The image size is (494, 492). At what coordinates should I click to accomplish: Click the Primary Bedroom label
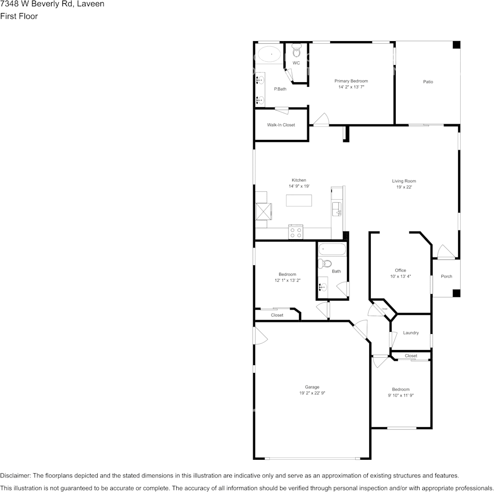click(351, 81)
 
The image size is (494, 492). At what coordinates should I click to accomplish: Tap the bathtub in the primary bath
click(270, 54)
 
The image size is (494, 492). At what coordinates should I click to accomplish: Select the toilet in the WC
click(296, 51)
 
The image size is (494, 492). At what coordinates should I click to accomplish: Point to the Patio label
click(428, 82)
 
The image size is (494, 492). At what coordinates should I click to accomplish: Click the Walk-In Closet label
click(281, 125)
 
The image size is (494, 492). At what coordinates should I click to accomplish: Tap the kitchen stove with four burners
click(296, 232)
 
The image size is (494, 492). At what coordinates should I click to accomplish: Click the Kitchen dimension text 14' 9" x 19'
click(299, 186)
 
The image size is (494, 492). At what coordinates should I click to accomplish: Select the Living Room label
click(404, 181)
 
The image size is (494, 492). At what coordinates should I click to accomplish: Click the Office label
click(400, 270)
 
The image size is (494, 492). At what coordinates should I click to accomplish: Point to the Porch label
click(446, 276)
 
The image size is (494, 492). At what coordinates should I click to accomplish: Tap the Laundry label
click(411, 333)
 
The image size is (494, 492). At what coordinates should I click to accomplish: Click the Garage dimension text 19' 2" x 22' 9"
click(312, 393)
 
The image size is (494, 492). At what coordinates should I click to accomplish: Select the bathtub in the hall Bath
click(332, 250)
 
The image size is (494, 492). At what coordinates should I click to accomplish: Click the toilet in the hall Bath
click(326, 263)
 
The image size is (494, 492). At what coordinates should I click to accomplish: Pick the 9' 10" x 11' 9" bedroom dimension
click(401, 395)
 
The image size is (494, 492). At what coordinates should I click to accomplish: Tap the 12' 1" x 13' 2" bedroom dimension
click(288, 280)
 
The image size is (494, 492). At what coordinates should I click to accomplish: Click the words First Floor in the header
click(19, 16)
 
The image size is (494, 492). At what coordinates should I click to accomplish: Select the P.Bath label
click(280, 89)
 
